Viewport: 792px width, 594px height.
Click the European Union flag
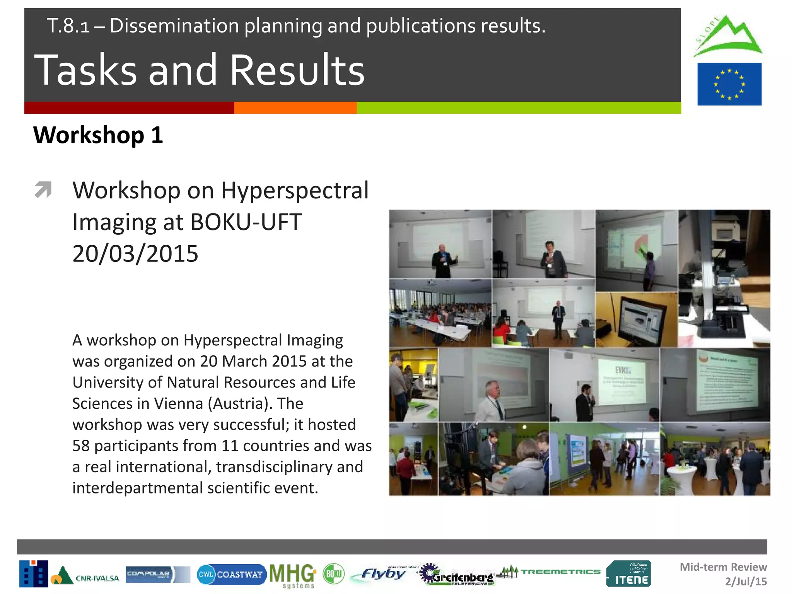click(729, 84)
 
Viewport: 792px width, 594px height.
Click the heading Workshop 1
click(98, 135)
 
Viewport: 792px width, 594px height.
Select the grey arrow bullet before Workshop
click(43, 189)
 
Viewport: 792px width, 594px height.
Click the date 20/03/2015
click(135, 254)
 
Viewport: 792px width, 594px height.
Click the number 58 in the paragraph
click(80, 446)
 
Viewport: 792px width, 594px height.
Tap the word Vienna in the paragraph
click(178, 404)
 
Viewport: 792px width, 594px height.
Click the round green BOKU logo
click(333, 574)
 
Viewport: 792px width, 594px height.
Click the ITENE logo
click(628, 574)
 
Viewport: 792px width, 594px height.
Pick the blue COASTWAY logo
click(231, 574)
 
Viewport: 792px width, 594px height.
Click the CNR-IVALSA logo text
click(97, 578)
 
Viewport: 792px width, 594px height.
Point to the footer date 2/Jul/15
click(746, 582)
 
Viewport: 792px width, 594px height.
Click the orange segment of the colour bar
click(295, 108)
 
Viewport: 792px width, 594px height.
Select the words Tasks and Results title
click(199, 70)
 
